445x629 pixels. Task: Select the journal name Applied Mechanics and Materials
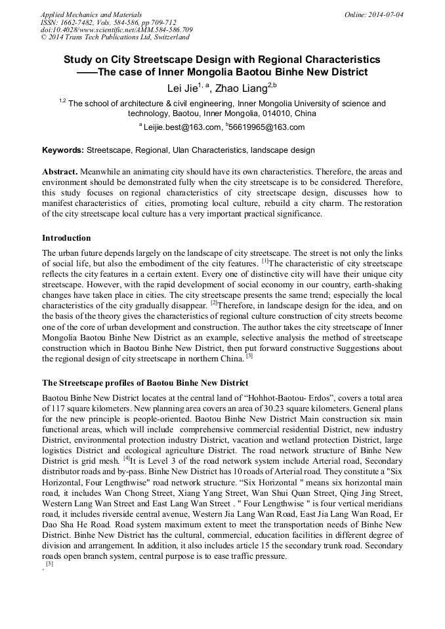pos(91,14)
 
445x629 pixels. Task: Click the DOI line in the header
pos(116,30)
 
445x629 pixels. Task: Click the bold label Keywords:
pos(63,150)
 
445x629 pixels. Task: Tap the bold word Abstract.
pos(60,171)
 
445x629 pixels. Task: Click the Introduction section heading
pos(66,237)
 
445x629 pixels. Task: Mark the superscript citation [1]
pos(266,262)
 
